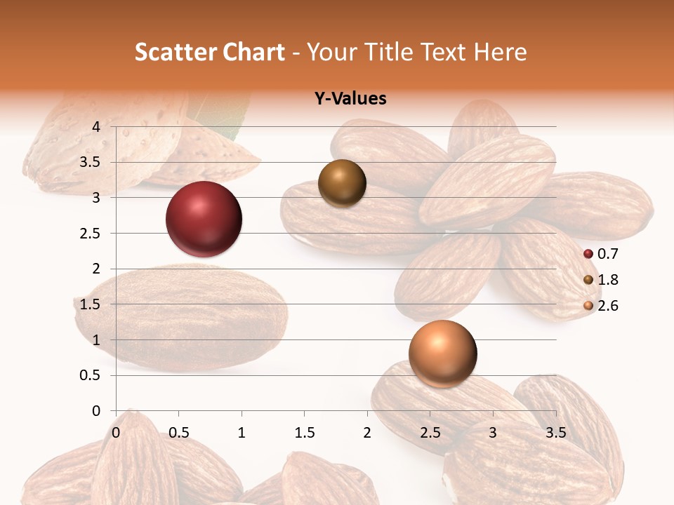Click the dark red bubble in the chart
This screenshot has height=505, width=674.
click(204, 219)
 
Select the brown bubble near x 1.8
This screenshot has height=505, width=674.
click(343, 184)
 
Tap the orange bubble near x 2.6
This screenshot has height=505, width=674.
click(442, 353)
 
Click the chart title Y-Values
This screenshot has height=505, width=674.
click(350, 99)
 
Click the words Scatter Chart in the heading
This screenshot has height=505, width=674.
click(210, 52)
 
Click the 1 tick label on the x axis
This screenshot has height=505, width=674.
click(242, 432)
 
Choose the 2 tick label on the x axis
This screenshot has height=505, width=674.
click(367, 432)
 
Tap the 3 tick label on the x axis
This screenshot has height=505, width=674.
click(493, 432)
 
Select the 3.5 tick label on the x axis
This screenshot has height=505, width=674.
click(555, 432)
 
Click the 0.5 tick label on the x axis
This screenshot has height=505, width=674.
click(178, 432)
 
